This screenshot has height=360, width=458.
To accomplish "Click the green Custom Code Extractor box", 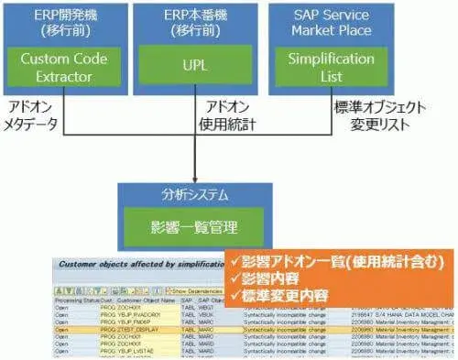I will click(x=63, y=67).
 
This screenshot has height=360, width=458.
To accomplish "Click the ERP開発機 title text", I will click(x=63, y=22).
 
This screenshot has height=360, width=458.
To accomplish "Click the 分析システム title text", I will click(x=192, y=195).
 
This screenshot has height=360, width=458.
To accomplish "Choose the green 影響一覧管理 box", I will click(x=192, y=224).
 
